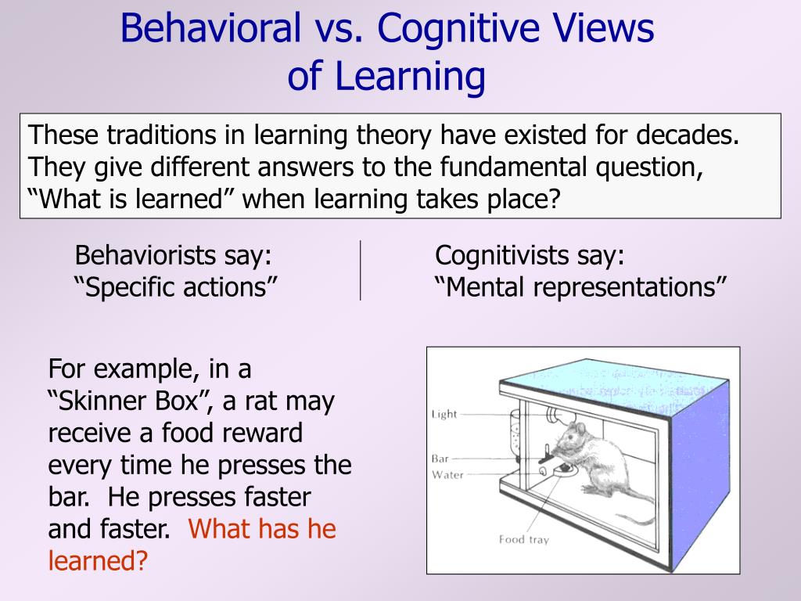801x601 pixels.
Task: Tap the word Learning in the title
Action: (x=410, y=76)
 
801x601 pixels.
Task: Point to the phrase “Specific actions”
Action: (x=176, y=286)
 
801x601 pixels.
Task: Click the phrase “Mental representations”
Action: (x=580, y=286)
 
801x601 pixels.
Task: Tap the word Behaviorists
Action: (x=145, y=254)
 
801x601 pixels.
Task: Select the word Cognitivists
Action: (x=501, y=254)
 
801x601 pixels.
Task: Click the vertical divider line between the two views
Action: (x=360, y=270)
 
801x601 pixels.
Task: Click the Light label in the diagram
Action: (x=444, y=414)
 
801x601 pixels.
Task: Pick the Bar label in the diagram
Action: (x=440, y=459)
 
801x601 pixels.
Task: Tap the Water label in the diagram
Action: (x=447, y=475)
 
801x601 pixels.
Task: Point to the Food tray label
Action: (x=523, y=539)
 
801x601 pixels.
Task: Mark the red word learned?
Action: (x=98, y=560)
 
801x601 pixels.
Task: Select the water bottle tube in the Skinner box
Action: (x=515, y=434)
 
